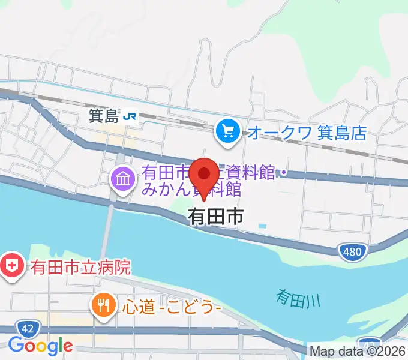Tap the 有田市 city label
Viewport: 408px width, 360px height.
tap(215, 216)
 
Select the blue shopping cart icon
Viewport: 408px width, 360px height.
tap(228, 130)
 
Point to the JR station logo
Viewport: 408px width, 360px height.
tap(129, 116)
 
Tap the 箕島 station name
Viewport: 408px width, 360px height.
tap(104, 116)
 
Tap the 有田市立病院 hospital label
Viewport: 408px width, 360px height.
tap(81, 266)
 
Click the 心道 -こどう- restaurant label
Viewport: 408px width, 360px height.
tap(173, 307)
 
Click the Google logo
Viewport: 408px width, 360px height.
tap(40, 346)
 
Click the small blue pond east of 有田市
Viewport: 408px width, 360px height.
tap(263, 226)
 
